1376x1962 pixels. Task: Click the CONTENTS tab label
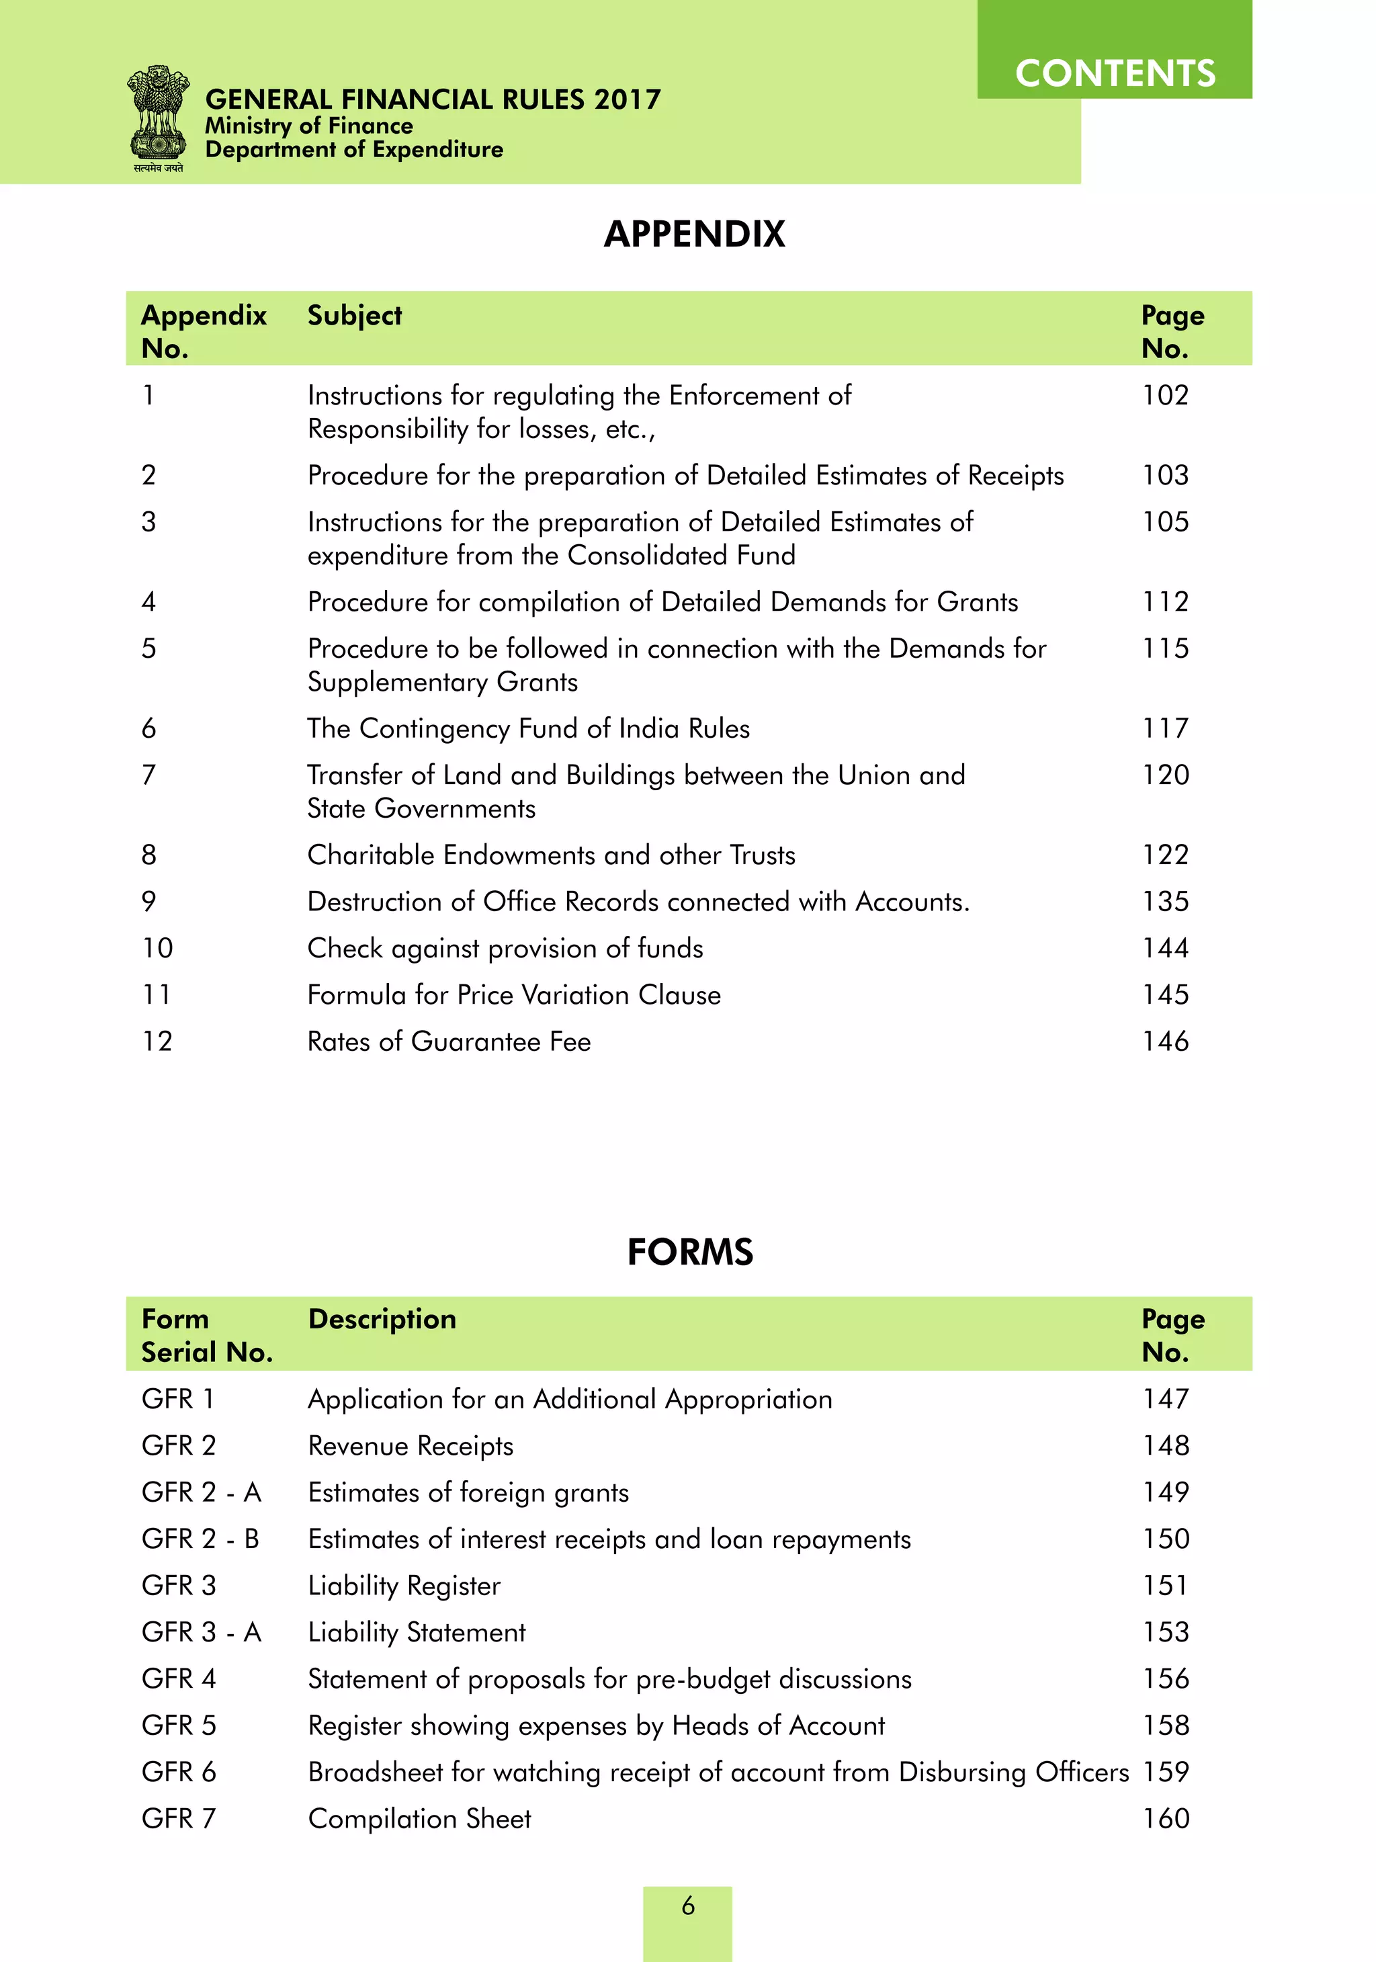pos(1115,73)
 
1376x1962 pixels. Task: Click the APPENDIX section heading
pos(694,234)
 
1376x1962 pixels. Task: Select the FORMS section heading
pos(690,1252)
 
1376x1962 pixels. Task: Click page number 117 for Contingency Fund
pos(1165,728)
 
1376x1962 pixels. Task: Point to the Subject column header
pos(354,315)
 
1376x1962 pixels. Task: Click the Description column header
pos(382,1318)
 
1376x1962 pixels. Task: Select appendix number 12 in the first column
pos(157,1041)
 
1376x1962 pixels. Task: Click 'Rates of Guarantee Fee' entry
pos(449,1041)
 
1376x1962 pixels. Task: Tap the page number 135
pos(1165,902)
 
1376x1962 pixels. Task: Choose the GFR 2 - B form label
pos(200,1538)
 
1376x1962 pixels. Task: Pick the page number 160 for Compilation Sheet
pos(1166,1818)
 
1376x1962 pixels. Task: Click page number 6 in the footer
pos(688,1906)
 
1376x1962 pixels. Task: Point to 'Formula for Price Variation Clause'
pos(514,994)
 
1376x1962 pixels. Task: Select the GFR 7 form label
pos(179,1818)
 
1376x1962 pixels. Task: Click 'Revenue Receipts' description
pos(411,1446)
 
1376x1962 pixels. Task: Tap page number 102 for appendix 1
pos(1165,395)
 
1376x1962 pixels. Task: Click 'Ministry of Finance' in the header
pos(308,126)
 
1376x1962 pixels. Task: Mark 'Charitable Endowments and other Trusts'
pos(550,855)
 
